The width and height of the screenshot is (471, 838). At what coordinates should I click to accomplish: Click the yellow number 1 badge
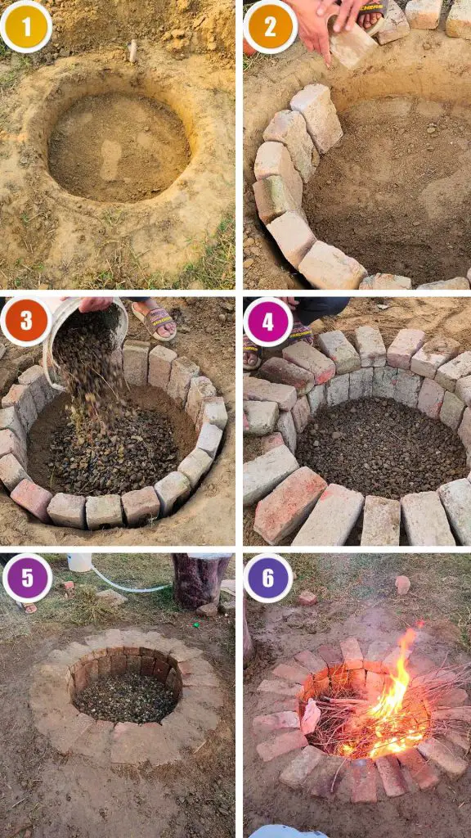[25, 26]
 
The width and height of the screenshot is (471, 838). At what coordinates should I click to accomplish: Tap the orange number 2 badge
[270, 26]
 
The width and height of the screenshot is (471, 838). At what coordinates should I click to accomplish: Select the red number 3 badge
[25, 321]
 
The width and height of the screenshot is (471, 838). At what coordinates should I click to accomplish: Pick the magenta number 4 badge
[268, 322]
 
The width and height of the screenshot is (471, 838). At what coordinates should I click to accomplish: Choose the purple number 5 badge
[27, 578]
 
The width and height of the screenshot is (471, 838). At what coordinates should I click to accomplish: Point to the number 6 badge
[268, 578]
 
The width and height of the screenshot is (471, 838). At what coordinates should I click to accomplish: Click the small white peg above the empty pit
[132, 51]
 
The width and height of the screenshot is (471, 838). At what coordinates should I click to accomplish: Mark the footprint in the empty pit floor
[111, 160]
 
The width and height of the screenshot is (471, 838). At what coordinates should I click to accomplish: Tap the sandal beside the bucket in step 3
[154, 321]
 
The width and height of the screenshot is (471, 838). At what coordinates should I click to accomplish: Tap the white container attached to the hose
[80, 562]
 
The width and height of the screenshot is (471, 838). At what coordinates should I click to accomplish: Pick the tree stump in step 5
[200, 582]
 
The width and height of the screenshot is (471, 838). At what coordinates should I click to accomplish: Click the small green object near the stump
[196, 624]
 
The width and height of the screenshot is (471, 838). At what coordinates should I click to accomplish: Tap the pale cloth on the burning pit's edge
[310, 716]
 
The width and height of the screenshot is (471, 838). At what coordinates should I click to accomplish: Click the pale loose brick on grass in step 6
[402, 584]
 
